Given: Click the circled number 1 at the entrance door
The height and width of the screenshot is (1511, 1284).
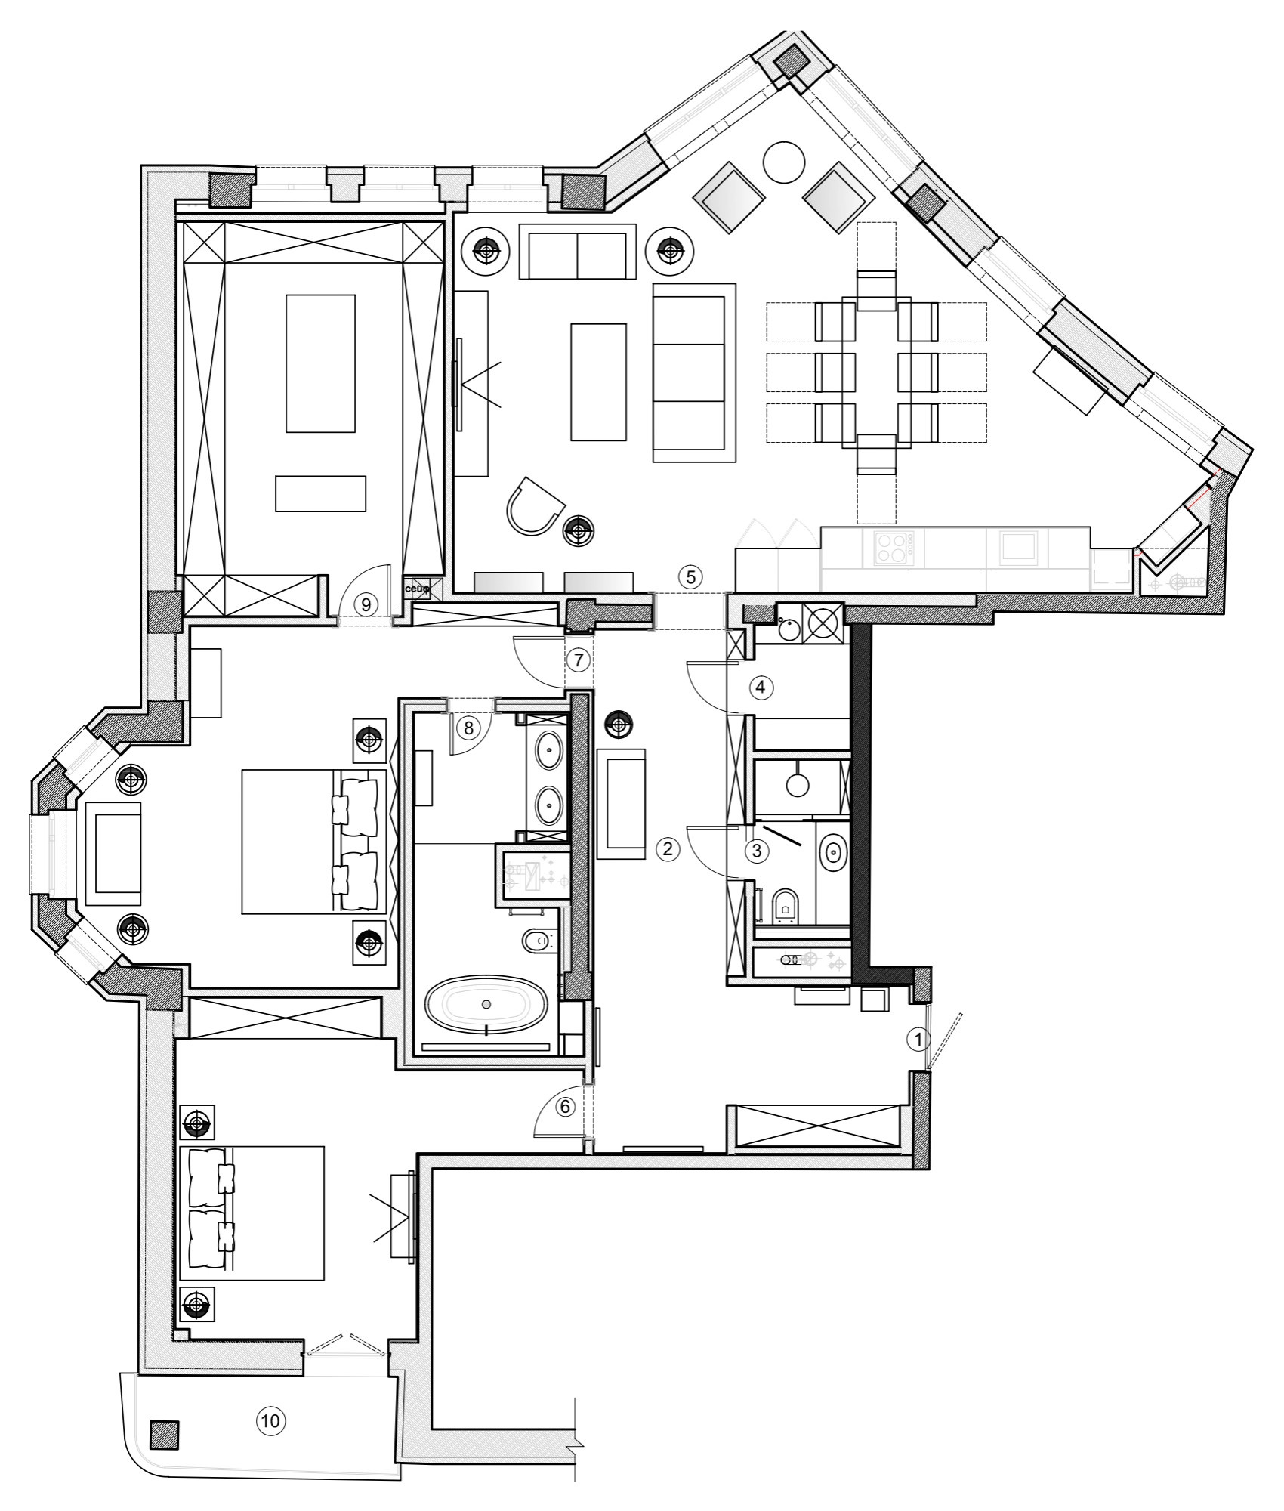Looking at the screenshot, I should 918,1040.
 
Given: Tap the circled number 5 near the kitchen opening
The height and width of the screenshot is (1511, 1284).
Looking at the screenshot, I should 690,577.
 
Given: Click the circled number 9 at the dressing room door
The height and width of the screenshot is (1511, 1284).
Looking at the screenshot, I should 366,604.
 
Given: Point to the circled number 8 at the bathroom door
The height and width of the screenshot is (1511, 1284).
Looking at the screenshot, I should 468,728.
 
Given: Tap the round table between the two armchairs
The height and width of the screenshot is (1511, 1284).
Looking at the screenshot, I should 785,161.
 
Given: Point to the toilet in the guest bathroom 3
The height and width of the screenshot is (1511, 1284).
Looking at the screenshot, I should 786,904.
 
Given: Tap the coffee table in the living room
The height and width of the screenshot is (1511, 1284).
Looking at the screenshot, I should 599,382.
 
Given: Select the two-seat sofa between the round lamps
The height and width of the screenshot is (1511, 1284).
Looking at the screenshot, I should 578,256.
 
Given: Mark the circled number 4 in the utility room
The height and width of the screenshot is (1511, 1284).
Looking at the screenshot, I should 761,688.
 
